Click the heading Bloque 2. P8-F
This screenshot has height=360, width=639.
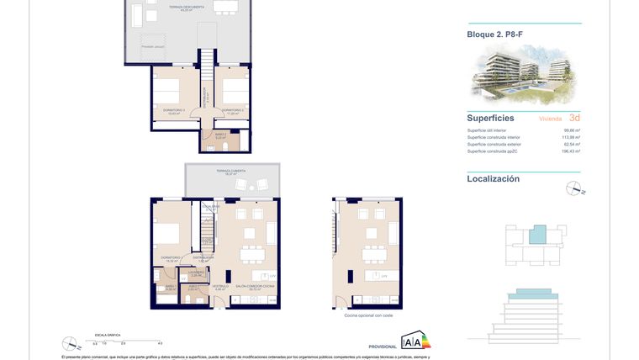(x=495, y=34)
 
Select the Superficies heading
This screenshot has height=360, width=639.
(x=491, y=119)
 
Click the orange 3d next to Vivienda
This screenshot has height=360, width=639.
(x=574, y=119)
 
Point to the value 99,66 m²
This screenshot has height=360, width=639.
(x=572, y=130)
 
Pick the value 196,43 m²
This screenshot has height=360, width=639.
(x=571, y=151)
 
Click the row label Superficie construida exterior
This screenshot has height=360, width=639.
(x=497, y=145)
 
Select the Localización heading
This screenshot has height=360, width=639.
(x=494, y=178)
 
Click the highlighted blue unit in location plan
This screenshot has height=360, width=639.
(x=536, y=235)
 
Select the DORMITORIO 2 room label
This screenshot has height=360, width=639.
(x=233, y=110)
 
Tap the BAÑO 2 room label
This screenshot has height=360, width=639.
(x=219, y=135)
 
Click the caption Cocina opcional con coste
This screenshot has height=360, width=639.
(x=368, y=315)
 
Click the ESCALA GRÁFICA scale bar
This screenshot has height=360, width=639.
(x=126, y=340)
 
